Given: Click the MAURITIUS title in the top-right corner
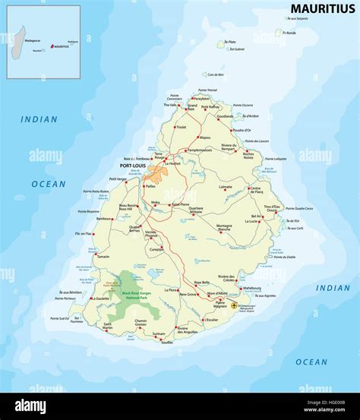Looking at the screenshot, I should [322, 8].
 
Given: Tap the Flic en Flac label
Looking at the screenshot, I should [83, 233].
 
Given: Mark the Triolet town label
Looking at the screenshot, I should [181, 127].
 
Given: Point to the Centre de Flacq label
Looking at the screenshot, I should [255, 190].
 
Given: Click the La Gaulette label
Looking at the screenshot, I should [99, 298].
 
